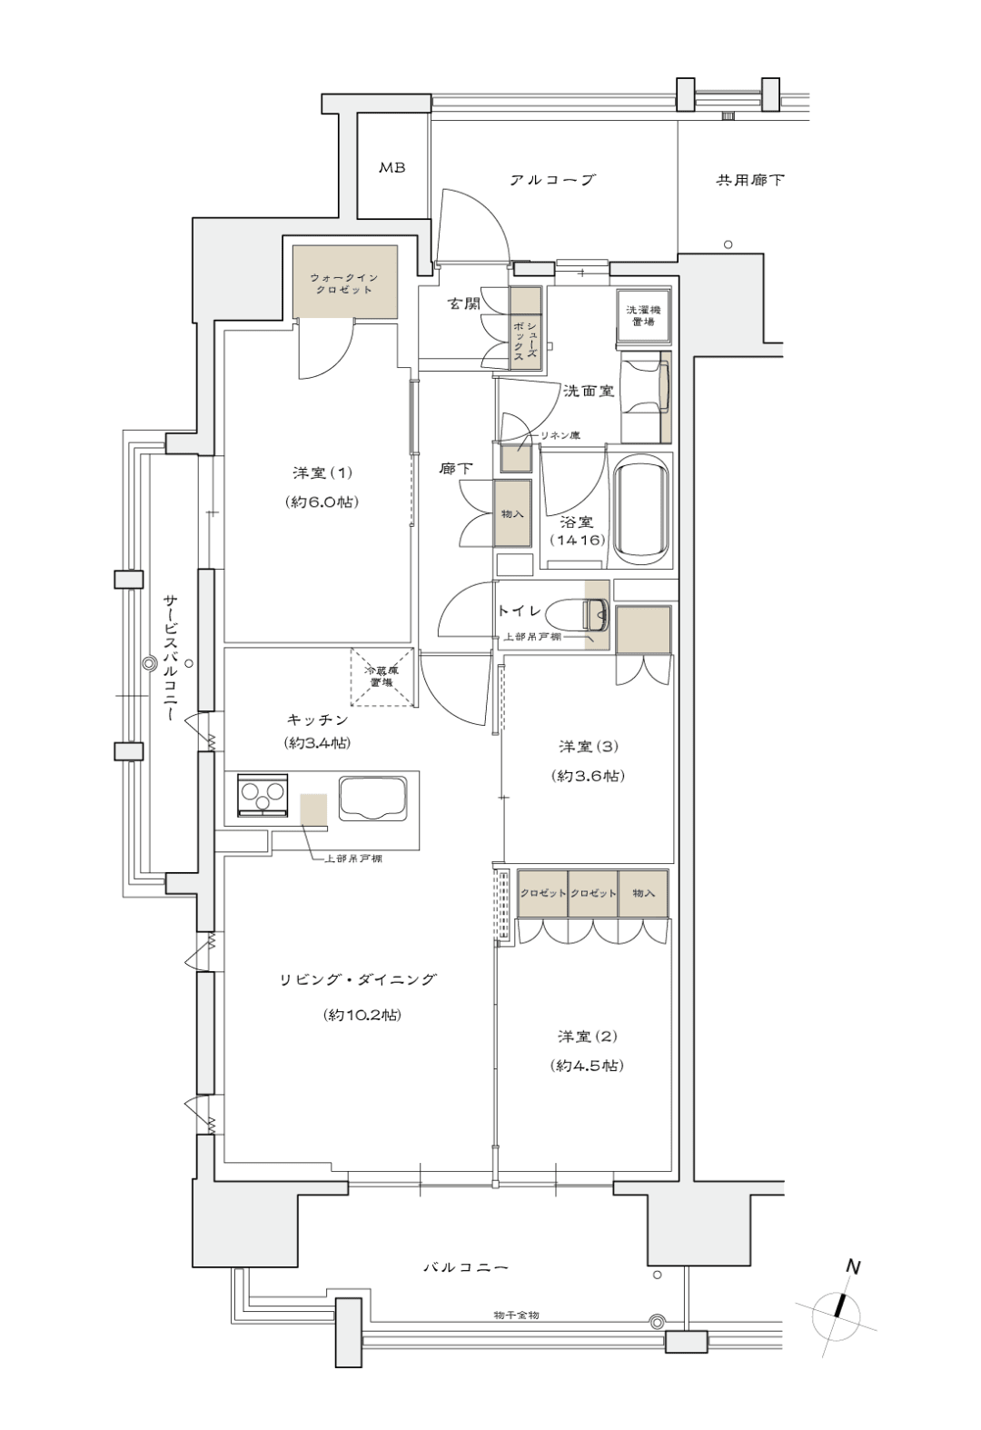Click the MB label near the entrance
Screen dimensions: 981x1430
pyautogui.click(x=391, y=168)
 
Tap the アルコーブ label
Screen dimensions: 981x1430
pyautogui.click(x=553, y=180)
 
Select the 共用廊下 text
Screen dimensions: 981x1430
pyautogui.click(x=750, y=180)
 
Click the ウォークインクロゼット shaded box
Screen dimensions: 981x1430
pyautogui.click(x=345, y=282)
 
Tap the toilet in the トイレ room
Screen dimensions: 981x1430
pyautogui.click(x=583, y=614)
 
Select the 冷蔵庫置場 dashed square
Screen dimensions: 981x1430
pyautogui.click(x=382, y=678)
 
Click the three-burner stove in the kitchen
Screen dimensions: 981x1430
pyautogui.click(x=262, y=794)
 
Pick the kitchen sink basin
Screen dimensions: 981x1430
pyautogui.click(x=373, y=798)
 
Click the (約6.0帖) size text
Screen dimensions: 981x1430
pyautogui.click(x=322, y=501)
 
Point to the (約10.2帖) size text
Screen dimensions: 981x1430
pyautogui.click(x=362, y=1015)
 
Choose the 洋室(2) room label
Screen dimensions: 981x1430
pyautogui.click(x=588, y=1036)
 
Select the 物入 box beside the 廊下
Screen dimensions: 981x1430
pyautogui.click(x=512, y=514)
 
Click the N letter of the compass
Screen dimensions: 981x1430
pyautogui.click(x=853, y=1266)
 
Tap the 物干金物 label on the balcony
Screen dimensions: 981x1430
pyautogui.click(x=516, y=1316)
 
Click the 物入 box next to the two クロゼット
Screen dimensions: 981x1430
pyautogui.click(x=643, y=893)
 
